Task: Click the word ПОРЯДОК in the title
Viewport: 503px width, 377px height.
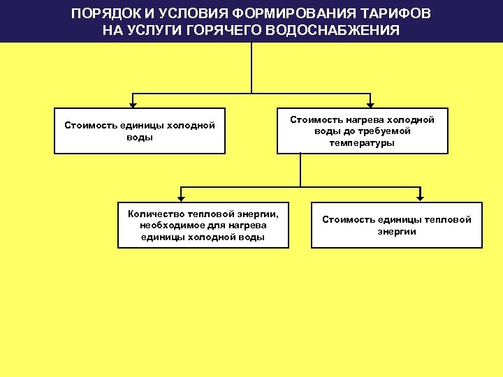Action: (99, 15)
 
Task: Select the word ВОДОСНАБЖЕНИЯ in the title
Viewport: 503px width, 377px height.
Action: (335, 31)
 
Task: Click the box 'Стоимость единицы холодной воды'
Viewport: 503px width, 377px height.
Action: (140, 131)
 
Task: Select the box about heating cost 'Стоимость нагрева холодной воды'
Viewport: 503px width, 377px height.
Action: (362, 131)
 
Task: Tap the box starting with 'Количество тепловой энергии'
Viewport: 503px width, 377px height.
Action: (203, 226)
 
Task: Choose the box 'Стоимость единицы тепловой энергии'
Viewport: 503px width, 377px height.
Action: (396, 226)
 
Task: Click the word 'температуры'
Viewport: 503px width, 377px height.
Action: (362, 142)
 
